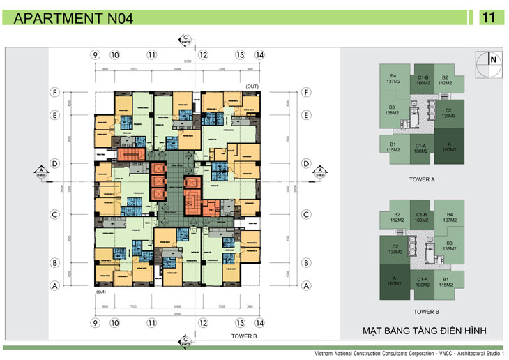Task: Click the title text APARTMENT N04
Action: click(x=75, y=19)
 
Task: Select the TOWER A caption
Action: click(x=422, y=179)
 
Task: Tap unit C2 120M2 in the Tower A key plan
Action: click(x=449, y=113)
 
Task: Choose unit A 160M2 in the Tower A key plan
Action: click(x=449, y=147)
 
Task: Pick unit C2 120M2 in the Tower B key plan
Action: click(x=395, y=249)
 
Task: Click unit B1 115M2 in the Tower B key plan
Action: click(x=450, y=282)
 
